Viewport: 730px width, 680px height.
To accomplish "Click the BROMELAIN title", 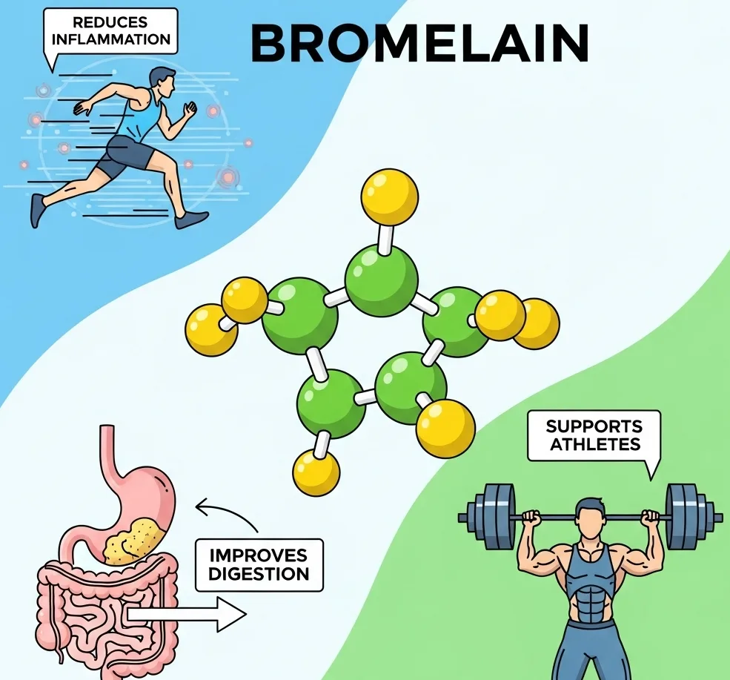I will [419, 43].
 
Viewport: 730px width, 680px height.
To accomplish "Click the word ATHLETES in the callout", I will [594, 444].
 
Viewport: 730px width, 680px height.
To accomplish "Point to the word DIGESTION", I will [259, 573].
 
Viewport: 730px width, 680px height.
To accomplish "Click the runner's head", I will [162, 80].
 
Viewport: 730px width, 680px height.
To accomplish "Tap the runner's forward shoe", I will [192, 219].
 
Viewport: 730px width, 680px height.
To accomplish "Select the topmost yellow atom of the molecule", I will [390, 197].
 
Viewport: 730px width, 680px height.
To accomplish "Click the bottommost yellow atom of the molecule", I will [316, 472].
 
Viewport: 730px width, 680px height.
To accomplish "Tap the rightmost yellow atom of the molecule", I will [535, 324].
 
